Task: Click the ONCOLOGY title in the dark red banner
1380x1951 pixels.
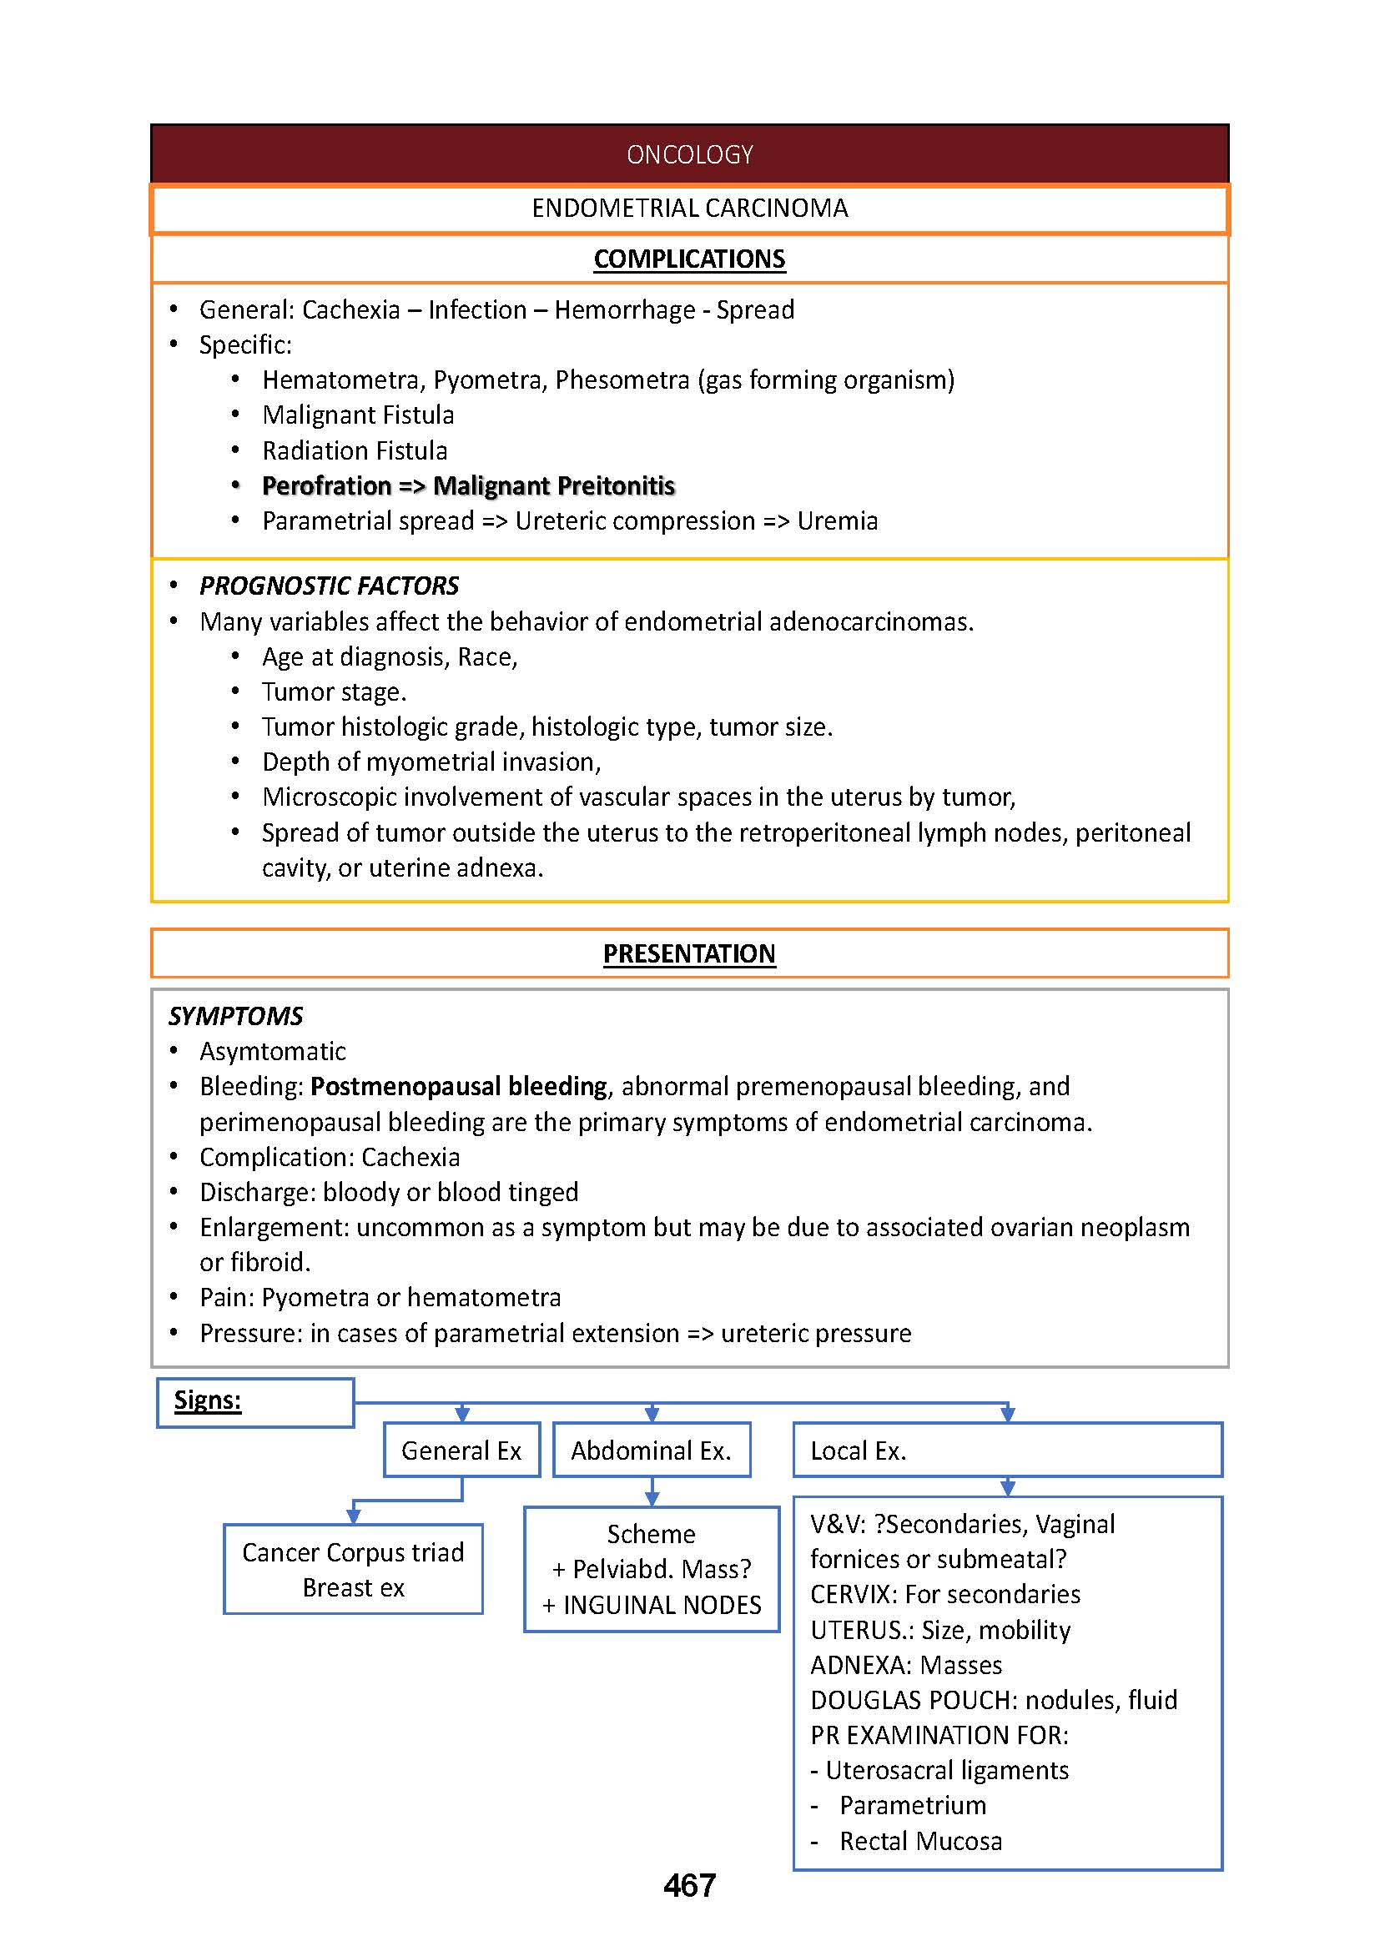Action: (x=689, y=154)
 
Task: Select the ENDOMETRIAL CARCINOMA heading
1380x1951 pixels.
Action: (x=689, y=209)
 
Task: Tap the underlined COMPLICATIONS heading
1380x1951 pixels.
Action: (x=689, y=259)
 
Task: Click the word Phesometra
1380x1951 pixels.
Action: (x=622, y=380)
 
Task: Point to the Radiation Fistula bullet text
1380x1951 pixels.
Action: (x=355, y=450)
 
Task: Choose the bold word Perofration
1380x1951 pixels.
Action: (x=326, y=486)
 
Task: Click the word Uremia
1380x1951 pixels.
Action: (x=837, y=520)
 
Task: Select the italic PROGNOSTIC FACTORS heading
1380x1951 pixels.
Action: (x=329, y=586)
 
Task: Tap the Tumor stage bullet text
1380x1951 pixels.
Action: (x=334, y=692)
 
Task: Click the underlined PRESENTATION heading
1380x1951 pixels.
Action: (x=689, y=954)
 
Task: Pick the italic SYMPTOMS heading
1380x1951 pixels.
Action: (x=235, y=1016)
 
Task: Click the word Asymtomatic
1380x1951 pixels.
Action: (x=273, y=1052)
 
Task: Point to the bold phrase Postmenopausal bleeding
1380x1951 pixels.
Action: (x=459, y=1087)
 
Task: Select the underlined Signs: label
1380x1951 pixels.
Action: (x=208, y=1400)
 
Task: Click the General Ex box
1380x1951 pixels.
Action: (x=461, y=1451)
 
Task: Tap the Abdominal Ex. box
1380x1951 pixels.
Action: (x=651, y=1451)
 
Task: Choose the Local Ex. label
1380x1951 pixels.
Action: (x=859, y=1451)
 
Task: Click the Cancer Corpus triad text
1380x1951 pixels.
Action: (x=353, y=1552)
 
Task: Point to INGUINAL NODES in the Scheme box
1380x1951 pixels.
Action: (x=662, y=1605)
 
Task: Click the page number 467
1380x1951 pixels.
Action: (x=689, y=1886)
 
